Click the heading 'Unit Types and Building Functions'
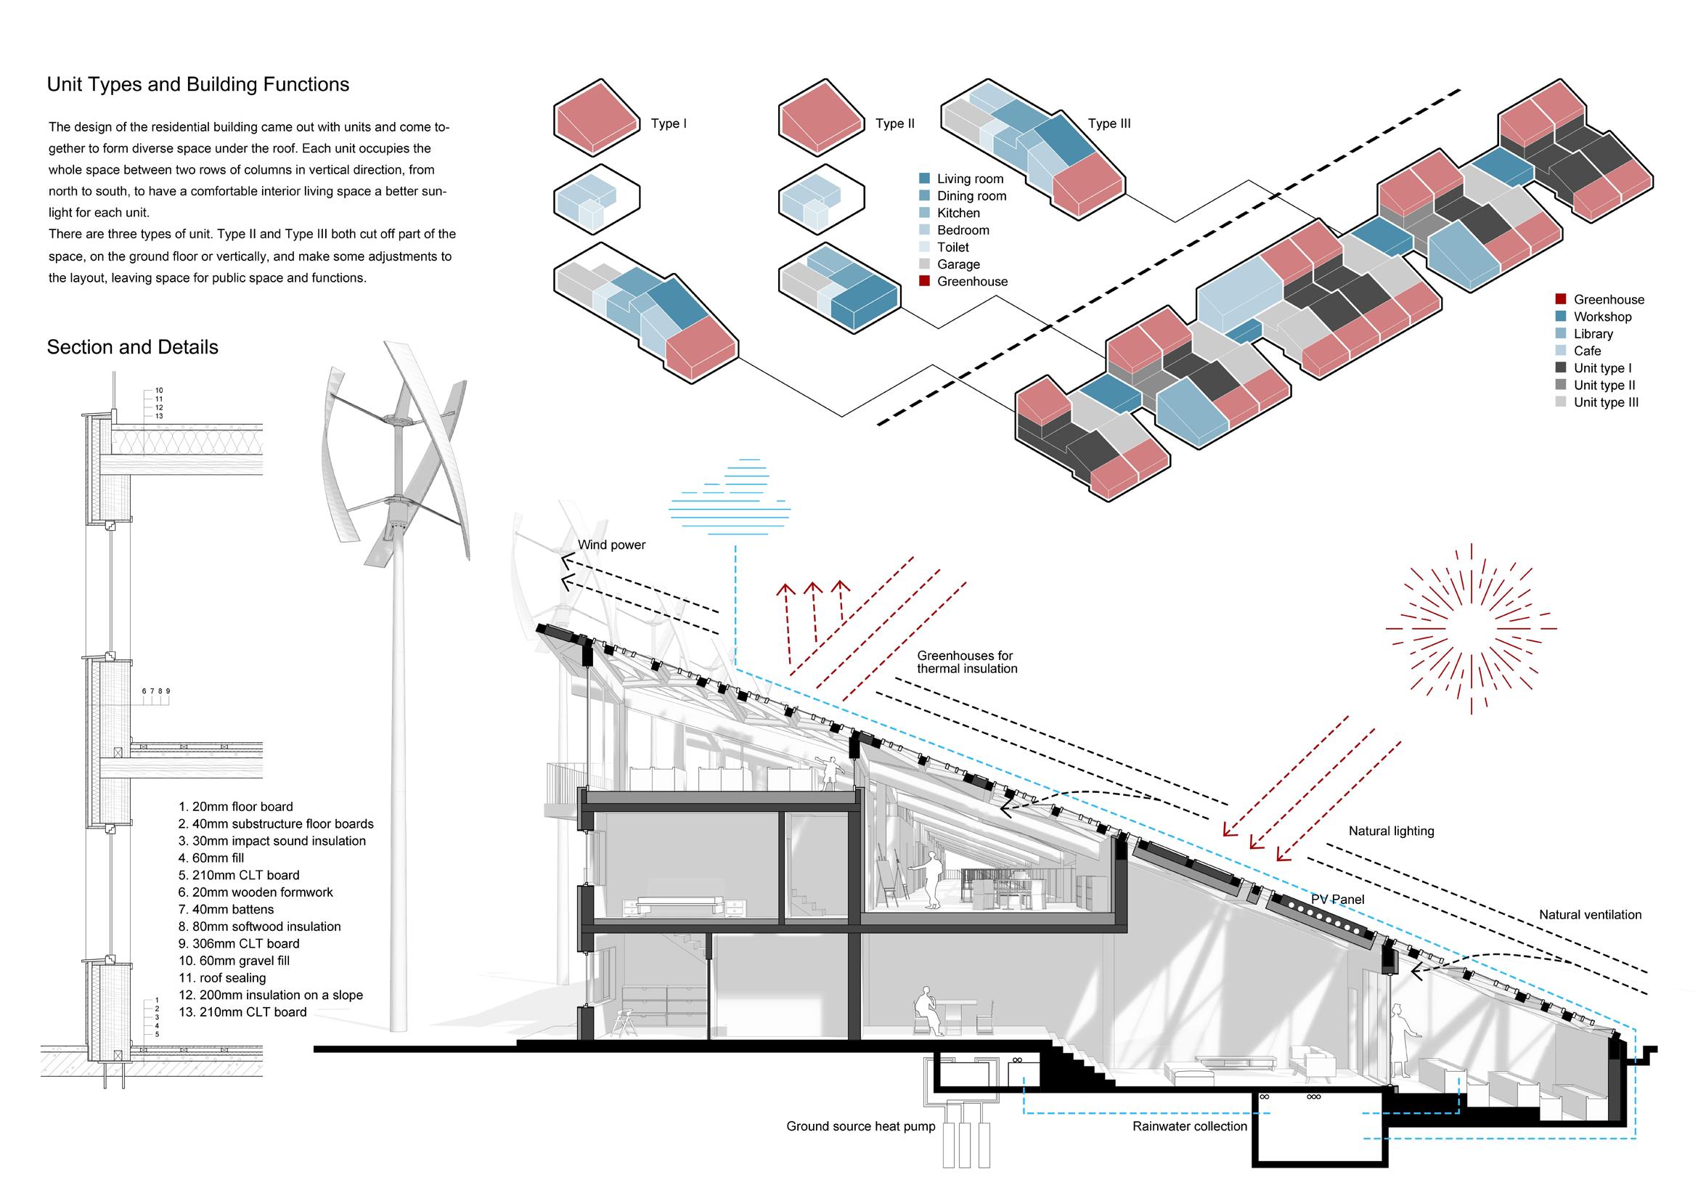(197, 84)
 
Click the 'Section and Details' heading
(132, 347)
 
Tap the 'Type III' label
(1109, 123)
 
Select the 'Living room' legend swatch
(924, 179)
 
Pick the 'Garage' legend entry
(958, 264)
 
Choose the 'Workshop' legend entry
(1602, 317)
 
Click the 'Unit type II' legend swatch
(1561, 386)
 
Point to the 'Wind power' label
(611, 545)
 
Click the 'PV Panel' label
(1337, 899)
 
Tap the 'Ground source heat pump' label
(860, 1126)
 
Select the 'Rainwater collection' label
(1189, 1126)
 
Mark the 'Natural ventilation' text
(1590, 915)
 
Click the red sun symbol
(1471, 629)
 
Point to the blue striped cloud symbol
(729, 495)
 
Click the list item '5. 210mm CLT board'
(238, 875)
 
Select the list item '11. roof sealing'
(222, 977)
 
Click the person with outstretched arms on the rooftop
(832, 773)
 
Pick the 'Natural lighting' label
(1391, 831)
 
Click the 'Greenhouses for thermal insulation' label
(966, 662)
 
